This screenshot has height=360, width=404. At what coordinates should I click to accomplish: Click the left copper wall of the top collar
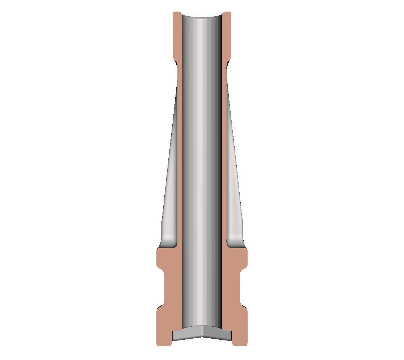(x=177, y=36)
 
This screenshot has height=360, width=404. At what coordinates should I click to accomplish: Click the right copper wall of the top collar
(x=226, y=36)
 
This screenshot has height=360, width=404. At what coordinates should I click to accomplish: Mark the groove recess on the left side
(x=165, y=289)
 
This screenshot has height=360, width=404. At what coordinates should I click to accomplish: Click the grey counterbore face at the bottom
(x=202, y=334)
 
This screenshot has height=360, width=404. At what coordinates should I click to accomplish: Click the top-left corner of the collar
(x=175, y=13)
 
